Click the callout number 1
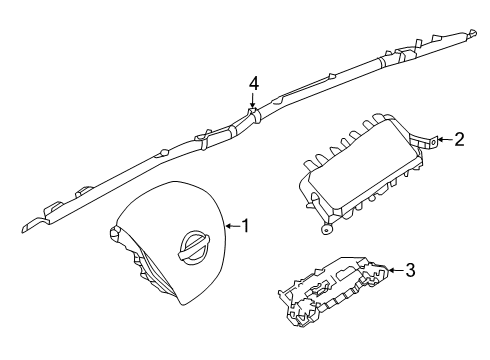coord(245,226)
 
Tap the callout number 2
coord(459,140)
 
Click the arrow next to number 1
coord(230,226)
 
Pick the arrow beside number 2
coord(444,141)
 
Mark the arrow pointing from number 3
coord(393,269)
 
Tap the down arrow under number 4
coord(254,104)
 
